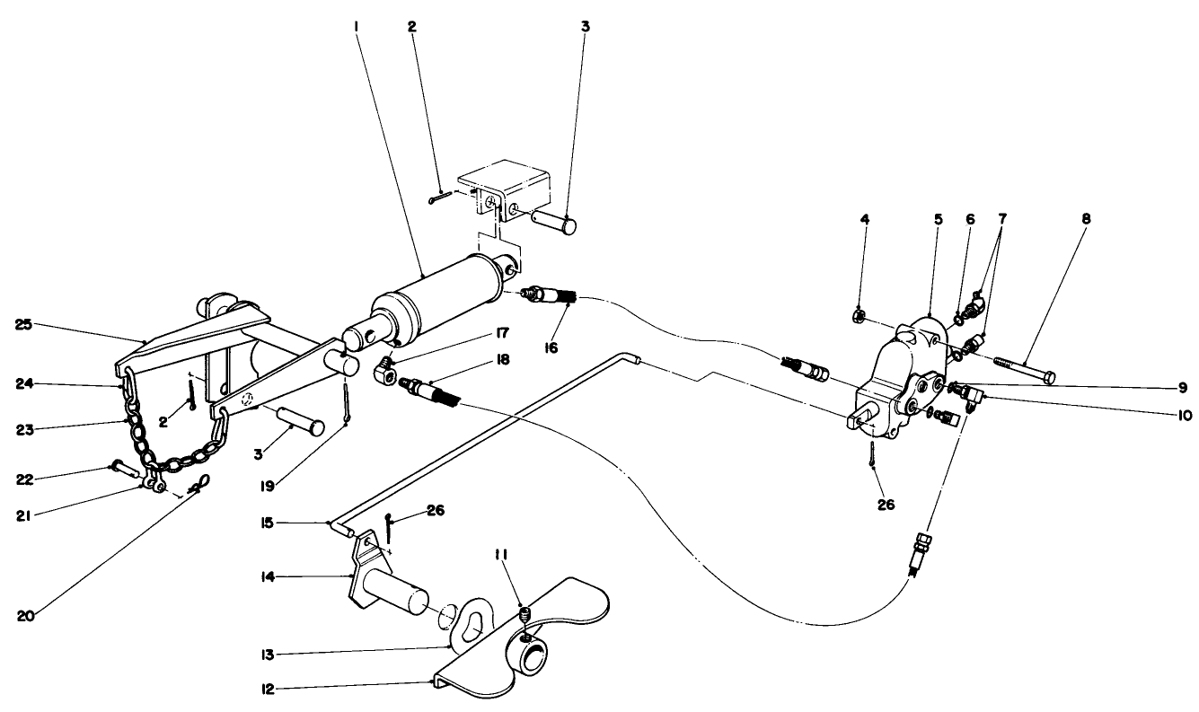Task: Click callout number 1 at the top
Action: pos(356,28)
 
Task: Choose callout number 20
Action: pos(25,616)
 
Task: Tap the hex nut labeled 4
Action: pos(859,315)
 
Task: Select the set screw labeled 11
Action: pos(525,614)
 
